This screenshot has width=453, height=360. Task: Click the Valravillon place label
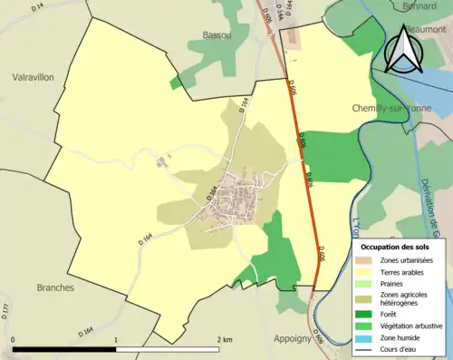coord(34,78)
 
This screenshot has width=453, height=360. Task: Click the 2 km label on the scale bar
coord(223,339)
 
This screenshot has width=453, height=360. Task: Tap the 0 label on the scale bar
coord(13,339)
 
